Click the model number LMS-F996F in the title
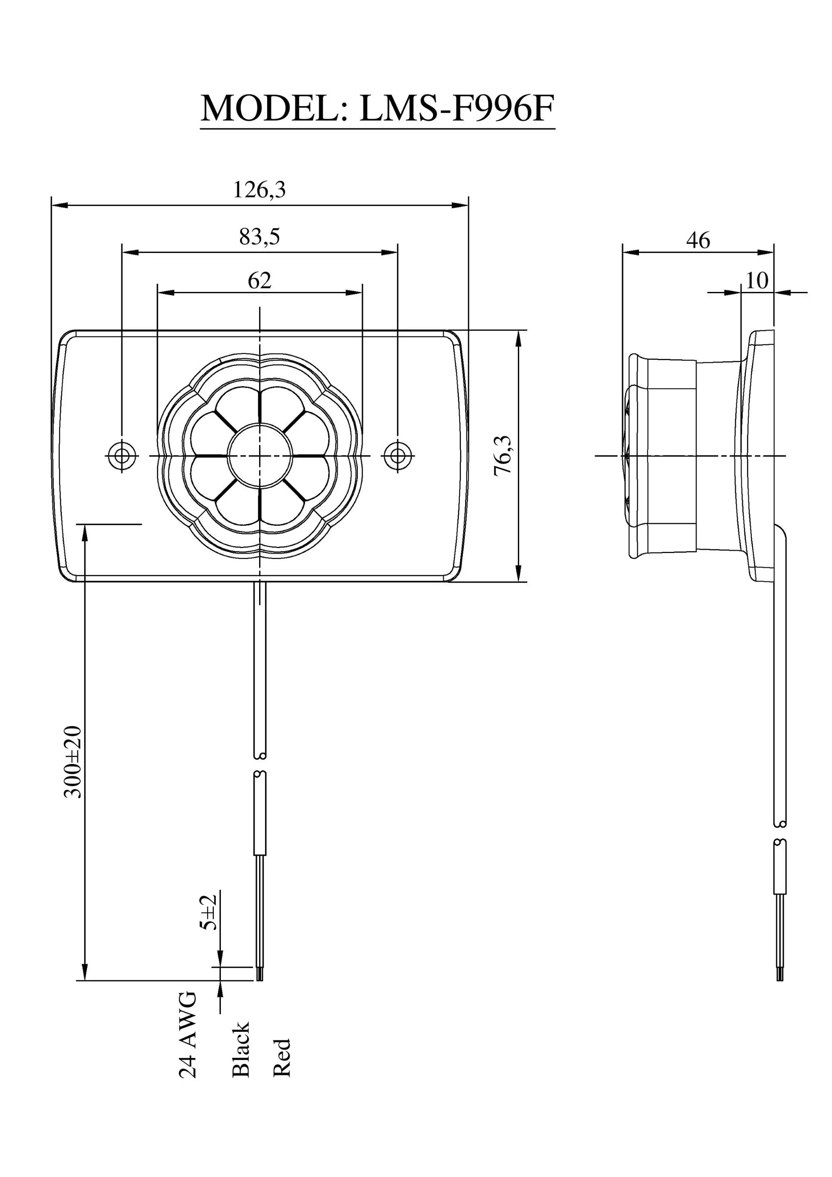coord(456,109)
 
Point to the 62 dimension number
coord(260,281)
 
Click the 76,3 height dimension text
coord(503,456)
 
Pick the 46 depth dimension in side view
coord(698,240)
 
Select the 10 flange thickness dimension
coord(757,281)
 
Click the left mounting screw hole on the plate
coord(122,455)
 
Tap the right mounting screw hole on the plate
coord(397,455)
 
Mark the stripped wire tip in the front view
coord(260,974)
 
